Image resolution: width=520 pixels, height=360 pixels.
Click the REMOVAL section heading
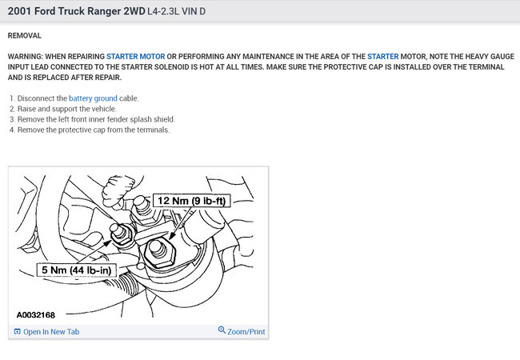point(25,35)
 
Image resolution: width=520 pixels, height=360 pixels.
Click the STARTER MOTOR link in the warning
point(136,56)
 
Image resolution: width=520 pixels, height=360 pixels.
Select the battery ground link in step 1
point(93,98)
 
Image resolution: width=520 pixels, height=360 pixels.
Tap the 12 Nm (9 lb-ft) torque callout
point(191,201)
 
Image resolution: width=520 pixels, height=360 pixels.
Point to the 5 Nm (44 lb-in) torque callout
point(76,270)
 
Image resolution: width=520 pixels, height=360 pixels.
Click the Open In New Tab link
point(51,331)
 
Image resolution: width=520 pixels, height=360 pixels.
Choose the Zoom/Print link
point(246,331)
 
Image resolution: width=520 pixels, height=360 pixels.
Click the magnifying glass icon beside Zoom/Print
point(222,330)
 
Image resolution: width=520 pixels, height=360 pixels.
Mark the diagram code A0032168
point(36,315)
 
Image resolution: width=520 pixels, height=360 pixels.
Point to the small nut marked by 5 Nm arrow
point(121,234)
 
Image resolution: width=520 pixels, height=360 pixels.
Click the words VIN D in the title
point(194,11)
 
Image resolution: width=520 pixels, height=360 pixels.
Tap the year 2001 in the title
point(19,11)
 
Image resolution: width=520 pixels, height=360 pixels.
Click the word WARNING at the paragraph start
point(26,56)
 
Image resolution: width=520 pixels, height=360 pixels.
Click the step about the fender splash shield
point(92,119)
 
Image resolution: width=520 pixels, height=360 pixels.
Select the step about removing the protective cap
point(90,130)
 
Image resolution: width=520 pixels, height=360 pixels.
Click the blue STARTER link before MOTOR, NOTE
point(382,56)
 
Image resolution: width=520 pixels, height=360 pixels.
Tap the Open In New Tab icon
point(18,331)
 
